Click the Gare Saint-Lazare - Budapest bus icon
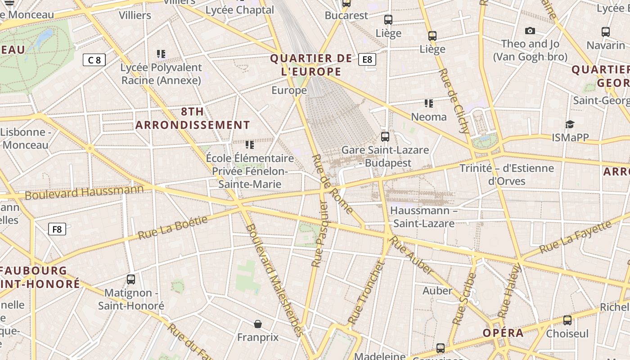[385, 136]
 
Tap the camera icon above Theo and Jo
[530, 31]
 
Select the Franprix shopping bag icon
[258, 324]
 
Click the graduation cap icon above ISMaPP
[570, 124]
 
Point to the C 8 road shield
[94, 59]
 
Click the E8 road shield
[367, 59]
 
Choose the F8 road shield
[57, 229]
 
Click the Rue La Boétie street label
[173, 228]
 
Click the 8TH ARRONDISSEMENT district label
[193, 118]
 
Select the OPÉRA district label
[503, 333]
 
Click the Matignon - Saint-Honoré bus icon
[131, 279]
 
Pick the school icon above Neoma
[429, 103]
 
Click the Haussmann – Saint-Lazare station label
[423, 217]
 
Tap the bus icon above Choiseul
[567, 320]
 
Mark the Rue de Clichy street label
[454, 101]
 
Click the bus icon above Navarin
[606, 32]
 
